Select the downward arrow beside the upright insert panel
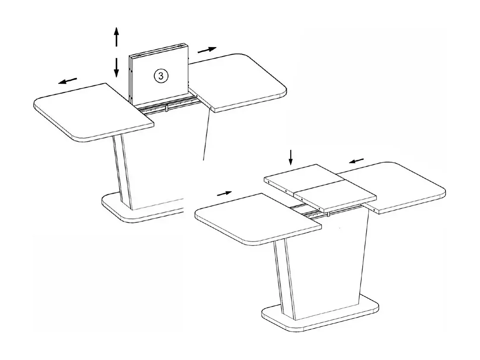[x=116, y=67]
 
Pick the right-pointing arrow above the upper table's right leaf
[x=207, y=50]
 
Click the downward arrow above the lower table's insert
[x=291, y=158]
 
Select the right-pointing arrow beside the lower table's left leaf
[x=224, y=193]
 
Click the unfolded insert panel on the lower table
[x=319, y=186]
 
